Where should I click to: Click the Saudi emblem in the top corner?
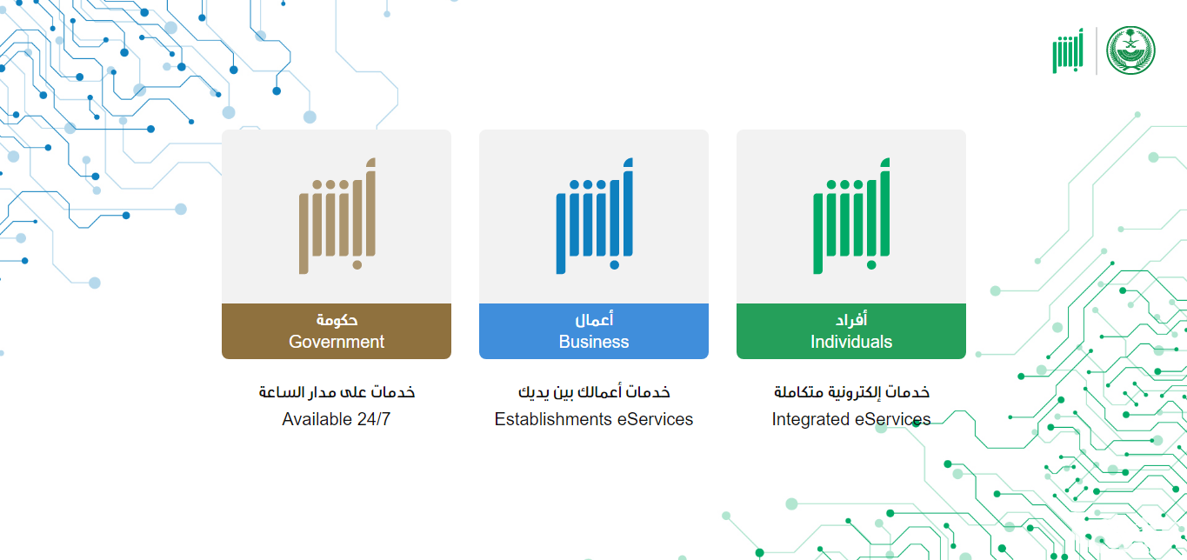coord(1130,50)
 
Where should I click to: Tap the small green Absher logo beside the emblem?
coord(1068,50)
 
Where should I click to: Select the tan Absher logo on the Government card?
coord(337,217)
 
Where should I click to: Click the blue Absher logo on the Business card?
coord(595,217)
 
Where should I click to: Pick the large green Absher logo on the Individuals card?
coord(851,217)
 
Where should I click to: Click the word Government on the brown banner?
coord(337,342)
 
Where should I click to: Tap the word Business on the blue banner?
coord(593,342)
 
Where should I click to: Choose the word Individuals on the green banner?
coord(851,342)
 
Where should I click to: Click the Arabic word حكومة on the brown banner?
coord(337,319)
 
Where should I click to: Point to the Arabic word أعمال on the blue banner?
coord(594,319)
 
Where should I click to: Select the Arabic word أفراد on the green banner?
coord(851,319)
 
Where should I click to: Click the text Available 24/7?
coord(336,419)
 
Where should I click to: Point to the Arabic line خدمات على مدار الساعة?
coord(337,392)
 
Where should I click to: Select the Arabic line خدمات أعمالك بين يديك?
coord(594,392)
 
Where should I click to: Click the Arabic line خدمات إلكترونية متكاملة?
coord(851,392)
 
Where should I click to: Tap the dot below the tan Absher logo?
coord(357,265)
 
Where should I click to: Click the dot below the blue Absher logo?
coord(614,265)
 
